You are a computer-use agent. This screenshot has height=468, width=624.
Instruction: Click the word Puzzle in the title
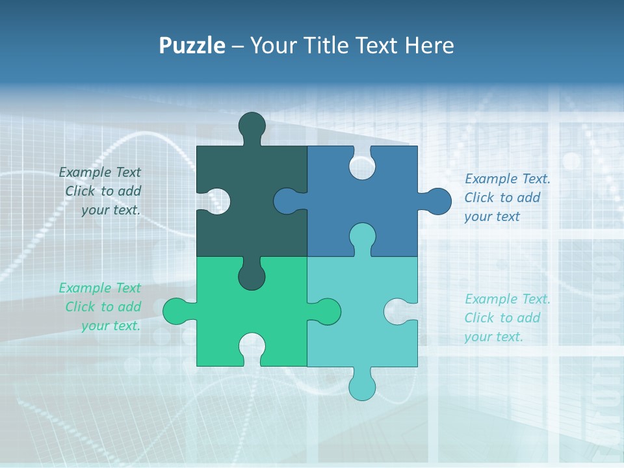pyautogui.click(x=192, y=46)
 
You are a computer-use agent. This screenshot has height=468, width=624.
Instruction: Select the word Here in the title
pyautogui.click(x=429, y=46)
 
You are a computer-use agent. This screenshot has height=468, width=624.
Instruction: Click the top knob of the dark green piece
pyautogui.click(x=252, y=125)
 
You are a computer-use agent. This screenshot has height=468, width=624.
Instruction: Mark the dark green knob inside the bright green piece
pyautogui.click(x=252, y=276)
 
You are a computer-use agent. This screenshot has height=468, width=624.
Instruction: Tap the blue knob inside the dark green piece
pyautogui.click(x=287, y=201)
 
